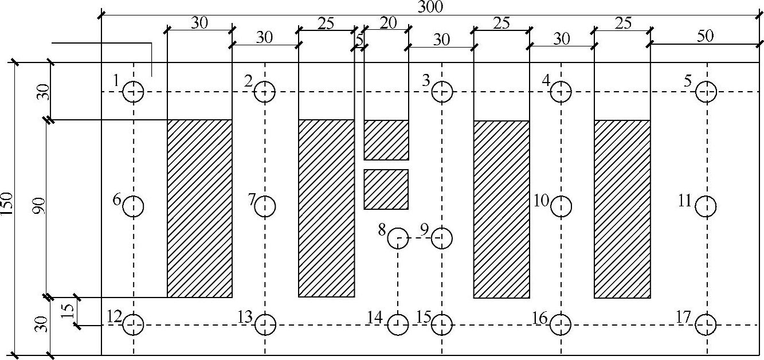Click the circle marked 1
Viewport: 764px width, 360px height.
[x=134, y=92]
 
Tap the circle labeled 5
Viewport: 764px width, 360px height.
[x=706, y=92]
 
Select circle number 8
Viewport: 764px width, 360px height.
[x=398, y=237]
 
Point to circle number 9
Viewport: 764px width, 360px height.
[x=442, y=237]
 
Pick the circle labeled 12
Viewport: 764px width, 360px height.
[x=134, y=325]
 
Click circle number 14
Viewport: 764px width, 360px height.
[x=398, y=325]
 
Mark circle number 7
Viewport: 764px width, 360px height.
[x=265, y=206]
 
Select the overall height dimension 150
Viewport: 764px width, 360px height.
[x=7, y=207]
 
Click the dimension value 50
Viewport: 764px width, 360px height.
[x=705, y=36]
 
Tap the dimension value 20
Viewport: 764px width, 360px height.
[x=388, y=22]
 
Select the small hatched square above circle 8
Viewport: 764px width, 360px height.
[x=386, y=189]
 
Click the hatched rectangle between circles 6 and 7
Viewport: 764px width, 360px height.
[x=199, y=208]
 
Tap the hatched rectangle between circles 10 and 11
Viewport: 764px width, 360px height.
[x=622, y=209]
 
